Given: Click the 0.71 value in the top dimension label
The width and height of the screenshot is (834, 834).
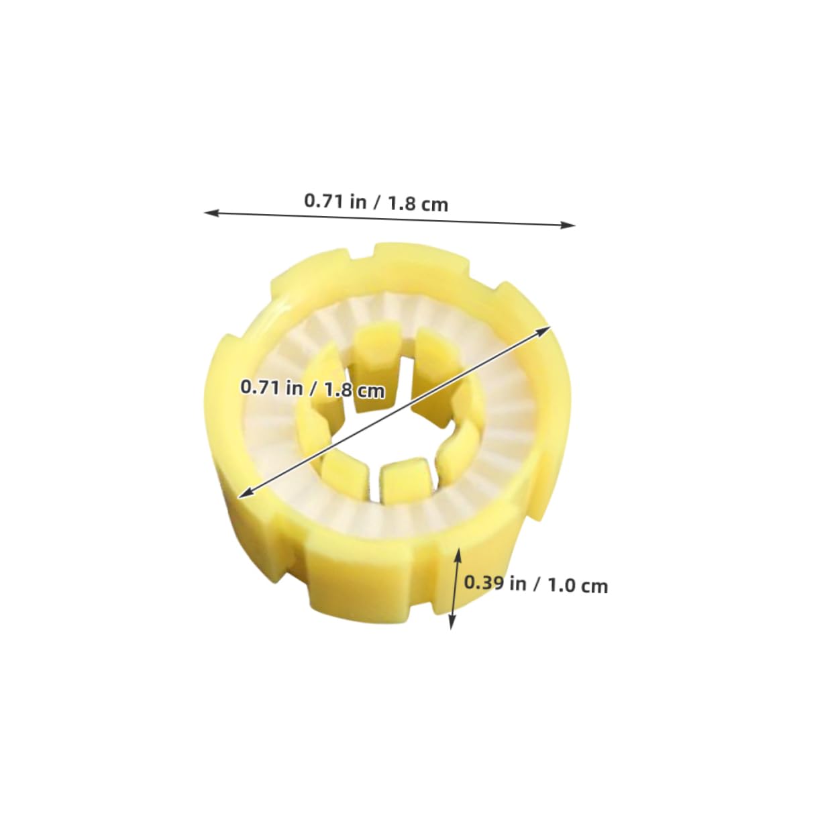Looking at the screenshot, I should click(x=325, y=201).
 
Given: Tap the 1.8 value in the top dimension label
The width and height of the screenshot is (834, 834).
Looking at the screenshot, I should click(x=402, y=203).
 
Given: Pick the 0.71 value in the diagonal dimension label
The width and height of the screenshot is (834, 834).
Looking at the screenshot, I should click(x=260, y=386).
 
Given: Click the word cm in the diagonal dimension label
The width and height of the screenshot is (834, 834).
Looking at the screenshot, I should click(x=370, y=390).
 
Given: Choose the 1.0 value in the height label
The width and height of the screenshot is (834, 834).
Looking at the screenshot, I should click(x=562, y=585).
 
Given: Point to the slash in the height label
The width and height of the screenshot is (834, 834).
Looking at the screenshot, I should click(x=537, y=584).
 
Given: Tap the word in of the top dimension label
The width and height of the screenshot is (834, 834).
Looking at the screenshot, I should click(x=358, y=202).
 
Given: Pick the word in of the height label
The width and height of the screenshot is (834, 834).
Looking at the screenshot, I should click(x=518, y=583).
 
